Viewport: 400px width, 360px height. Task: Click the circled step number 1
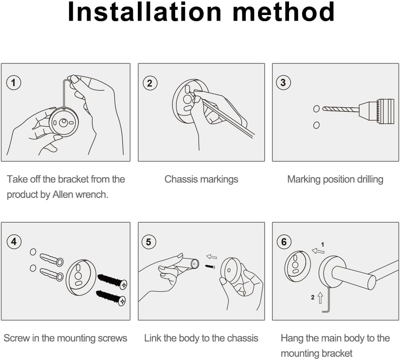coord(13,82)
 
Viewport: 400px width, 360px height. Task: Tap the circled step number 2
coord(150,83)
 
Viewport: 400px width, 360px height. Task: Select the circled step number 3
coord(283,82)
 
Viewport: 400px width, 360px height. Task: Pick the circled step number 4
coord(13,241)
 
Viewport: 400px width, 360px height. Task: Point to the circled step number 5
coord(148,242)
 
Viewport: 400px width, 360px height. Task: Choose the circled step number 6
coord(284,242)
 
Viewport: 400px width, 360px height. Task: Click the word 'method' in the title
coord(284,12)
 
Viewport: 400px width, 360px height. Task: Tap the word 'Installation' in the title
coord(145,12)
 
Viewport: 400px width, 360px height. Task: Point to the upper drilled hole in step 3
coord(316,109)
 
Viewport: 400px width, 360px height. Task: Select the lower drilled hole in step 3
coord(316,125)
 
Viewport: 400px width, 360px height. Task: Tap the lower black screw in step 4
coord(111,297)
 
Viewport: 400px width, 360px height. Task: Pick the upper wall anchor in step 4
coord(52,259)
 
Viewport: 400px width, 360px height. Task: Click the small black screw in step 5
coord(211,267)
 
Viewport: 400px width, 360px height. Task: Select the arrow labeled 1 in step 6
coord(318,251)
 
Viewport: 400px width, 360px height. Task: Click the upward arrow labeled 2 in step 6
coord(320,298)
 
